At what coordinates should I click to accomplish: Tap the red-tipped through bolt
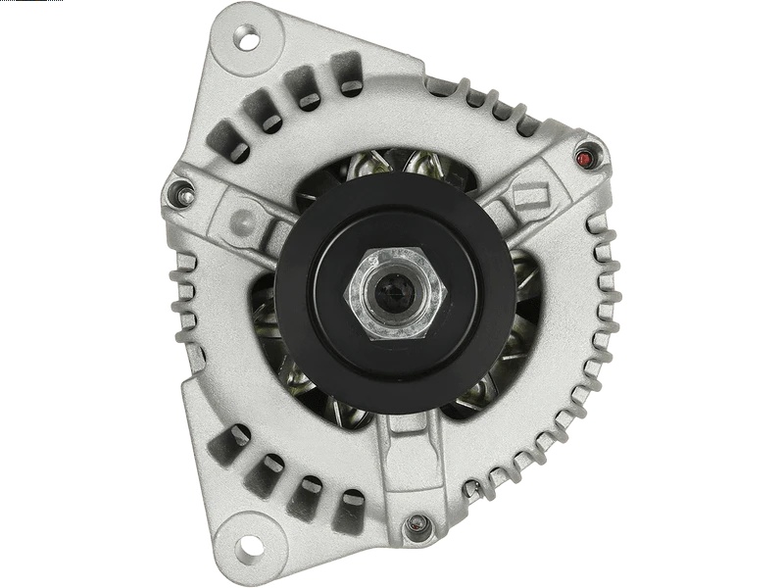tap(587, 157)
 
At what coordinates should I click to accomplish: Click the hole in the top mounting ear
tap(248, 41)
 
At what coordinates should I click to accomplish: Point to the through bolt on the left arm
tap(182, 194)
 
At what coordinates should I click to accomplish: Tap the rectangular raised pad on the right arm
tap(529, 199)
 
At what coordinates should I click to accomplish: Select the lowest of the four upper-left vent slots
tap(227, 139)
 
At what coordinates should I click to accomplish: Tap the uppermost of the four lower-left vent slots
tap(227, 445)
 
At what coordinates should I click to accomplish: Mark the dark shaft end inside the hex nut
tap(394, 293)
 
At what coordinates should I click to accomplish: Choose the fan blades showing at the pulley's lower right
tap(490, 392)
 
